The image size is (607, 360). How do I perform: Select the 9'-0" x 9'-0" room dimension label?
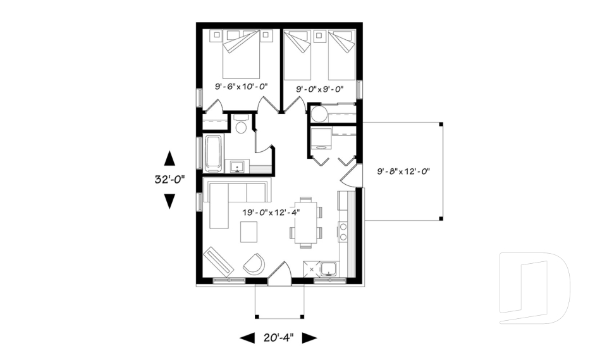click(320, 90)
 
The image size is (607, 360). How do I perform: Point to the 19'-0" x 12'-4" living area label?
click(270, 213)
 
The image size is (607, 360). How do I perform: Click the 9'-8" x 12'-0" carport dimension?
click(403, 171)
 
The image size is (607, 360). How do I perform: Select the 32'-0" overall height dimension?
click(169, 180)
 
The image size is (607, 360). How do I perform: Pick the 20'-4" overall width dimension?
click(278, 338)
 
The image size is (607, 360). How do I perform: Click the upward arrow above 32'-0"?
click(169, 158)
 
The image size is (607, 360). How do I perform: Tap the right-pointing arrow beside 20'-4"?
click(309, 338)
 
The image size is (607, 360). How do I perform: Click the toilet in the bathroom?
click(240, 125)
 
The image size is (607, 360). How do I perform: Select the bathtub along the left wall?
click(213, 153)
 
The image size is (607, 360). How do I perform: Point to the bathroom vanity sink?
click(238, 166)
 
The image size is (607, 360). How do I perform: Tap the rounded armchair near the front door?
click(255, 264)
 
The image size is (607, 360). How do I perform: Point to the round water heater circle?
click(318, 115)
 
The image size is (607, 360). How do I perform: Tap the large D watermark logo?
click(534, 288)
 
